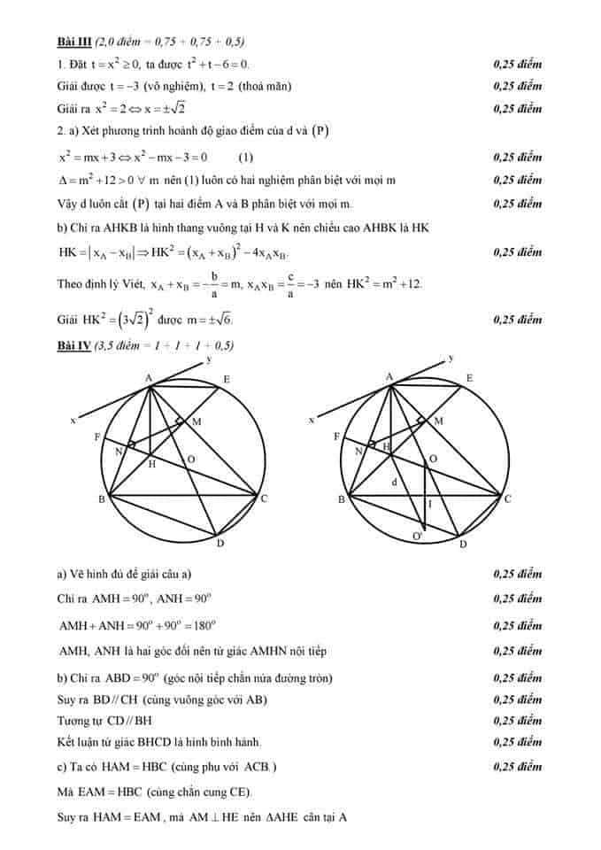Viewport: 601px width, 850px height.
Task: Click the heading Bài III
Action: [x=73, y=42]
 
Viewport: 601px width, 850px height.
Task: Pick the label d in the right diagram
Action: [x=395, y=482]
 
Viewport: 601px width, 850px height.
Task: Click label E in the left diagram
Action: [x=227, y=381]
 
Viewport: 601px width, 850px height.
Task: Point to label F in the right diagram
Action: [x=336, y=437]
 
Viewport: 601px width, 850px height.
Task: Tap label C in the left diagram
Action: [x=264, y=499]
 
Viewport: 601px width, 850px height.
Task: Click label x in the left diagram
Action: [x=73, y=420]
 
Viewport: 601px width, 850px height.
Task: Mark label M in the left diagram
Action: [x=196, y=421]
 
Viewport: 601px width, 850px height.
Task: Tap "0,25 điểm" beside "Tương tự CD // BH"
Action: [x=517, y=721]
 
